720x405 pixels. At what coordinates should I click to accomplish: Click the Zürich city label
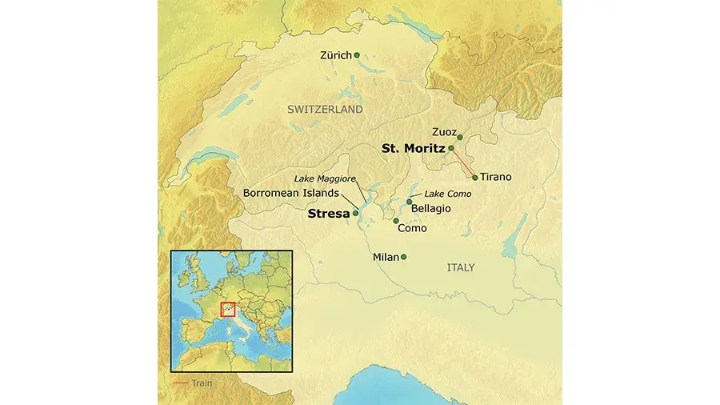coord(336,55)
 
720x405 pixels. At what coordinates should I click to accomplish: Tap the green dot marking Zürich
coord(357,55)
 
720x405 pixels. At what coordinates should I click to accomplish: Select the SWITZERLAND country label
coord(325,109)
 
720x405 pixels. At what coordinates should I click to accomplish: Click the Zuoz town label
coord(444,131)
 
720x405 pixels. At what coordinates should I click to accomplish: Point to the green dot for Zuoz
coord(461,136)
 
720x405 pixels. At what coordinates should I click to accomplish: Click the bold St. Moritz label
coord(413,148)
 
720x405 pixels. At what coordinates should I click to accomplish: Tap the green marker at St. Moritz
coord(451,148)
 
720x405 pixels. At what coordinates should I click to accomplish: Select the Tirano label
coord(496,177)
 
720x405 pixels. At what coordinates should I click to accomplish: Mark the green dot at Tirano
coord(475,177)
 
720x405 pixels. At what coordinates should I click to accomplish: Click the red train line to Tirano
coord(464,163)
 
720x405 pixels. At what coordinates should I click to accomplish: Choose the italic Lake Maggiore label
coord(324,178)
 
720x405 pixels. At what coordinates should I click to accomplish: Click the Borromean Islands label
coord(290,193)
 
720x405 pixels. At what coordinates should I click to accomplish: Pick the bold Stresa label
coord(329,214)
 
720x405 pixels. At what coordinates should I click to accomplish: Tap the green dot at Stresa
coord(356,214)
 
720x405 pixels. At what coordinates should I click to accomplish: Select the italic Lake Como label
coord(448,194)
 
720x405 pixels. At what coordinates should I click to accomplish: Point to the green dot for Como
coord(396,220)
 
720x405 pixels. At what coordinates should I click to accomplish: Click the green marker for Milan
coord(404,257)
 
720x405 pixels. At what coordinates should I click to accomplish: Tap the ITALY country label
coord(461,267)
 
